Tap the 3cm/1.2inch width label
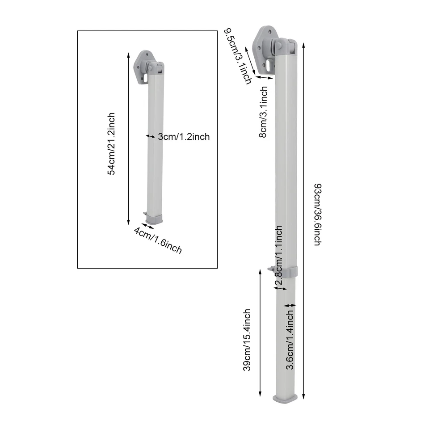coord(184,137)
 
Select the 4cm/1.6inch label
coord(158,240)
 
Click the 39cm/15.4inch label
coord(246,340)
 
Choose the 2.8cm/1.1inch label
coord(279,257)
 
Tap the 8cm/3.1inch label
coord(264,112)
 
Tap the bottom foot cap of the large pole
coord(285,399)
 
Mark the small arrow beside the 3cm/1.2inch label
coord(151,136)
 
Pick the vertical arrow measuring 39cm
coord(260,333)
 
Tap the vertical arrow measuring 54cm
coord(128,139)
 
